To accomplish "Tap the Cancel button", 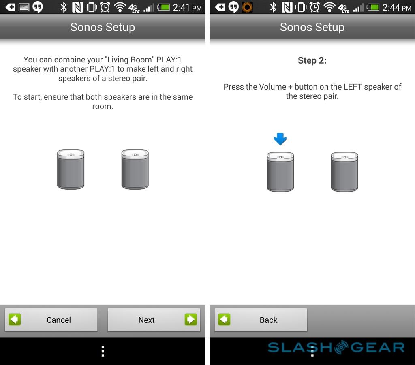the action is pyautogui.click(x=51, y=320).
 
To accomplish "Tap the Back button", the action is pyautogui.click(x=261, y=320).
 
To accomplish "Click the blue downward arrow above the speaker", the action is pyautogui.click(x=280, y=139).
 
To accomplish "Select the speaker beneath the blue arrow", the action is pyautogui.click(x=280, y=172).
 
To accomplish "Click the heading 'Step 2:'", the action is pyautogui.click(x=312, y=60).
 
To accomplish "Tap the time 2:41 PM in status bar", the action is pyautogui.click(x=187, y=8).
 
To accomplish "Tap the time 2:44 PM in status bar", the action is pyautogui.click(x=397, y=8).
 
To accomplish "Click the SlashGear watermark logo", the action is pyautogui.click(x=336, y=347).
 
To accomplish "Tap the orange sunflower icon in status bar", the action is pyautogui.click(x=247, y=7).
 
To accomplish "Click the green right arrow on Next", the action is pyautogui.click(x=190, y=320).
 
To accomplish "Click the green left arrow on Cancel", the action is pyautogui.click(x=15, y=320).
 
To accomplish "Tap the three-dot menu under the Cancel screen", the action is pyautogui.click(x=103, y=351).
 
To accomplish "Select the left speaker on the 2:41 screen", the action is pyautogui.click(x=71, y=169).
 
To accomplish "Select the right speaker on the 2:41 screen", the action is pyautogui.click(x=135, y=169).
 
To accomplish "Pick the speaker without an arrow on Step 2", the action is pyautogui.click(x=344, y=172).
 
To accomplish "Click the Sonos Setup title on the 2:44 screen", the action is pyautogui.click(x=312, y=27).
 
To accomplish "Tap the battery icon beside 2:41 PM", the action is pyautogui.click(x=163, y=7).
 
